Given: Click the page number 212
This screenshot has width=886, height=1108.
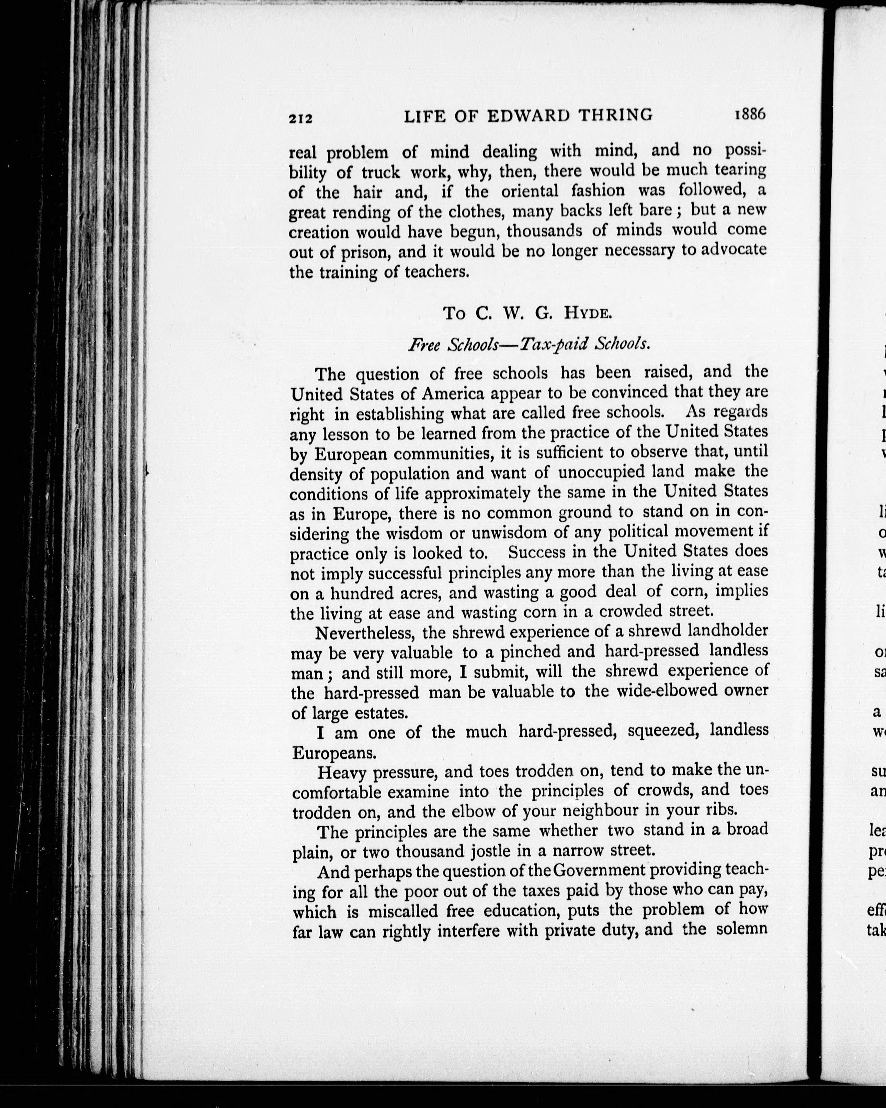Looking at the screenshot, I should pyautogui.click(x=300, y=118).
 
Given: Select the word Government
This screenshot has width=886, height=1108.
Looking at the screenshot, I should pyautogui.click(x=598, y=870).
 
